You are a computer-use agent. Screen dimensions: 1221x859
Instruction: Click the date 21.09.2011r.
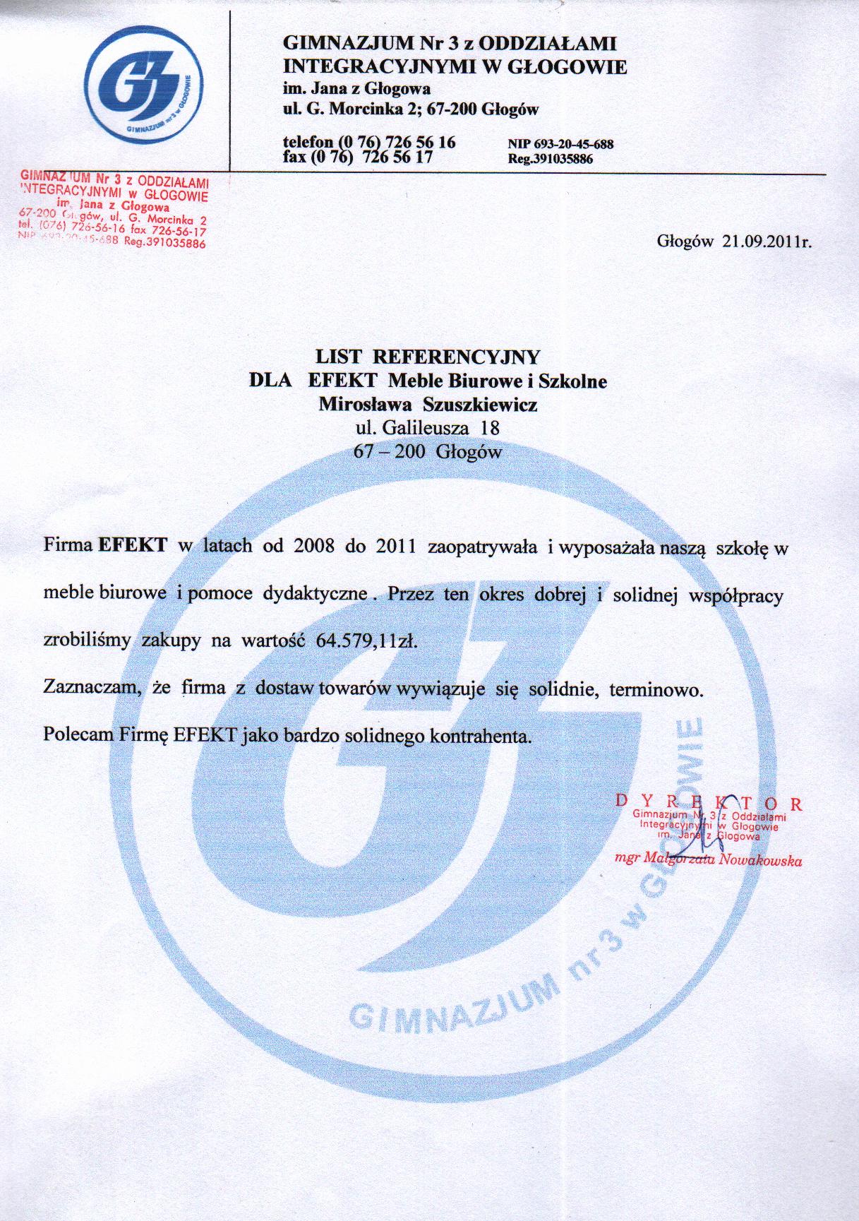[767, 242]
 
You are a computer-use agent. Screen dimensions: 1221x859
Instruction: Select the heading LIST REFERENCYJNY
[428, 356]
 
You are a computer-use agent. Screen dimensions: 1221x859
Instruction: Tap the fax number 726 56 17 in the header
[397, 157]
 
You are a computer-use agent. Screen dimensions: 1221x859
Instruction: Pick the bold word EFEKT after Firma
[133, 546]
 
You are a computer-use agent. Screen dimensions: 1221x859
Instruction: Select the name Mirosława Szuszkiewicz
[428, 405]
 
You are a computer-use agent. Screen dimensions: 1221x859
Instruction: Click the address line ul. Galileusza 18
[428, 428]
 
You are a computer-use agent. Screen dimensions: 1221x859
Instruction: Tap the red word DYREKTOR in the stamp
[709, 804]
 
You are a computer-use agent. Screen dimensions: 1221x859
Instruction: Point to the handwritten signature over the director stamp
[706, 833]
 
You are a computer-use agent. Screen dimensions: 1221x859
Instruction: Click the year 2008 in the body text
[311, 547]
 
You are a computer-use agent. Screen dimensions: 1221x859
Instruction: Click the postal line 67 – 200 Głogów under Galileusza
[428, 452]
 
